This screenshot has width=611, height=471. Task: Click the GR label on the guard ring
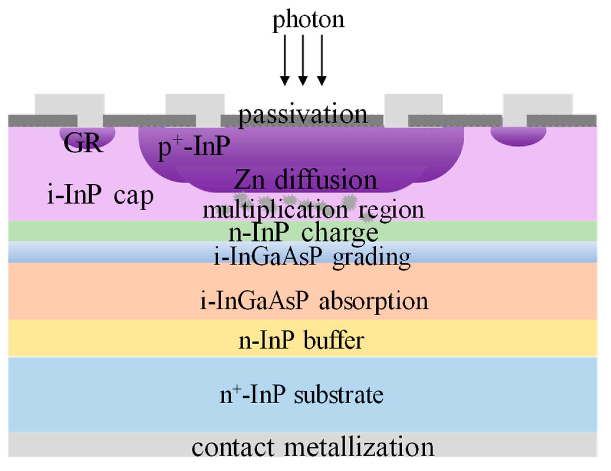point(83,143)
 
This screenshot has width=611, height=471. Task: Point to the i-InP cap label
point(100,196)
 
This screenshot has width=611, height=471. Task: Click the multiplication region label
point(313,210)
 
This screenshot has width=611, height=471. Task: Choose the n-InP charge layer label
point(304,233)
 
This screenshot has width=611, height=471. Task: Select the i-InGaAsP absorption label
point(314,301)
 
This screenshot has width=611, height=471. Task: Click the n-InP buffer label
point(301,341)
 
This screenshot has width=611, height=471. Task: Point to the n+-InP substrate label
point(302,395)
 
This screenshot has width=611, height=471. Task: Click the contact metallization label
point(313,447)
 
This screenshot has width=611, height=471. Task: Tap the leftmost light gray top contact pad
point(70,104)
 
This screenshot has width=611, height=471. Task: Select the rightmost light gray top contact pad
point(537,104)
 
